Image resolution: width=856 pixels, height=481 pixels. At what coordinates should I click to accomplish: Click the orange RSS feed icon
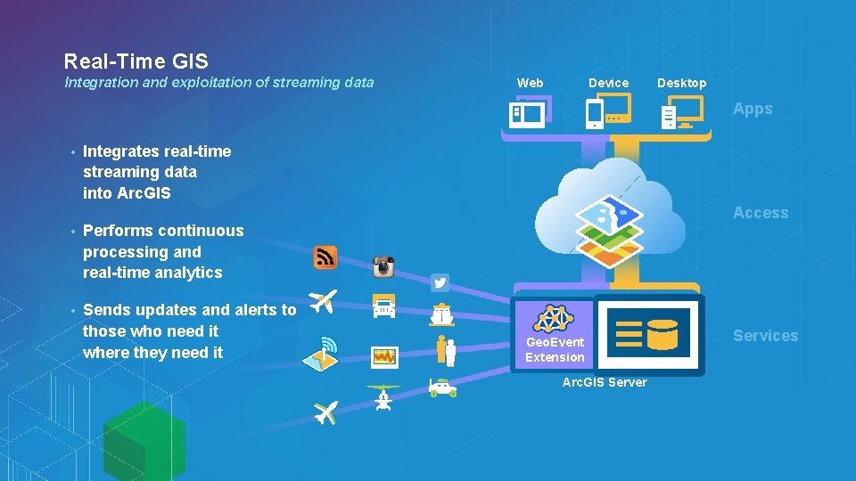tap(325, 257)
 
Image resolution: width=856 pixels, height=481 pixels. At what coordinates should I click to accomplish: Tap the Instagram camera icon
tap(383, 266)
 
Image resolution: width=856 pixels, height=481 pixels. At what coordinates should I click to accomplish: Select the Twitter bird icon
tap(440, 283)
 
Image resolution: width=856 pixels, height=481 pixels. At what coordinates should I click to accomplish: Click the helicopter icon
tap(383, 397)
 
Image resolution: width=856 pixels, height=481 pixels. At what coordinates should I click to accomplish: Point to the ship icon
tap(441, 314)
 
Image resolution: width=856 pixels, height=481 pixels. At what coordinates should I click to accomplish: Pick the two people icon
tap(446, 350)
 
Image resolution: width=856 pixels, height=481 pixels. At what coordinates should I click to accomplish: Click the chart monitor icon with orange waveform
tap(384, 356)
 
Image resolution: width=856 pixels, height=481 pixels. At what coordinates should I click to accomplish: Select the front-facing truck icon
tap(383, 306)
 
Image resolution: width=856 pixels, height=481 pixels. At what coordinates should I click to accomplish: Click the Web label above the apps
tap(530, 83)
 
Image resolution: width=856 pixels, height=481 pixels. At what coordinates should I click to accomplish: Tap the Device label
tap(608, 83)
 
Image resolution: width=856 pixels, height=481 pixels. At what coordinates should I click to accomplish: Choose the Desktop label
tap(681, 83)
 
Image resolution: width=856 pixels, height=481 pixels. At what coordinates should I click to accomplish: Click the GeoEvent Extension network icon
tap(555, 318)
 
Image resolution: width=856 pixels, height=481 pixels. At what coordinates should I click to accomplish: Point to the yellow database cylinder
tap(663, 333)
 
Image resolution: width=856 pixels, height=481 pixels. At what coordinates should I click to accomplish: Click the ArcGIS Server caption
tap(605, 382)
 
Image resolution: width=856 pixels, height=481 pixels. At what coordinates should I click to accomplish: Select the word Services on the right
tap(765, 336)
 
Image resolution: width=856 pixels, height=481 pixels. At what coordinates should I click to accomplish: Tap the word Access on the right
tap(761, 213)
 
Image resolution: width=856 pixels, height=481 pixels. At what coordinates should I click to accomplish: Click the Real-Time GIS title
tap(136, 61)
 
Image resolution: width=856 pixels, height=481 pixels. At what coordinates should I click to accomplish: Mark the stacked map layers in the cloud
tap(609, 231)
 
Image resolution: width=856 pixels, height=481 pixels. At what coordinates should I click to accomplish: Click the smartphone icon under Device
tap(595, 115)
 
